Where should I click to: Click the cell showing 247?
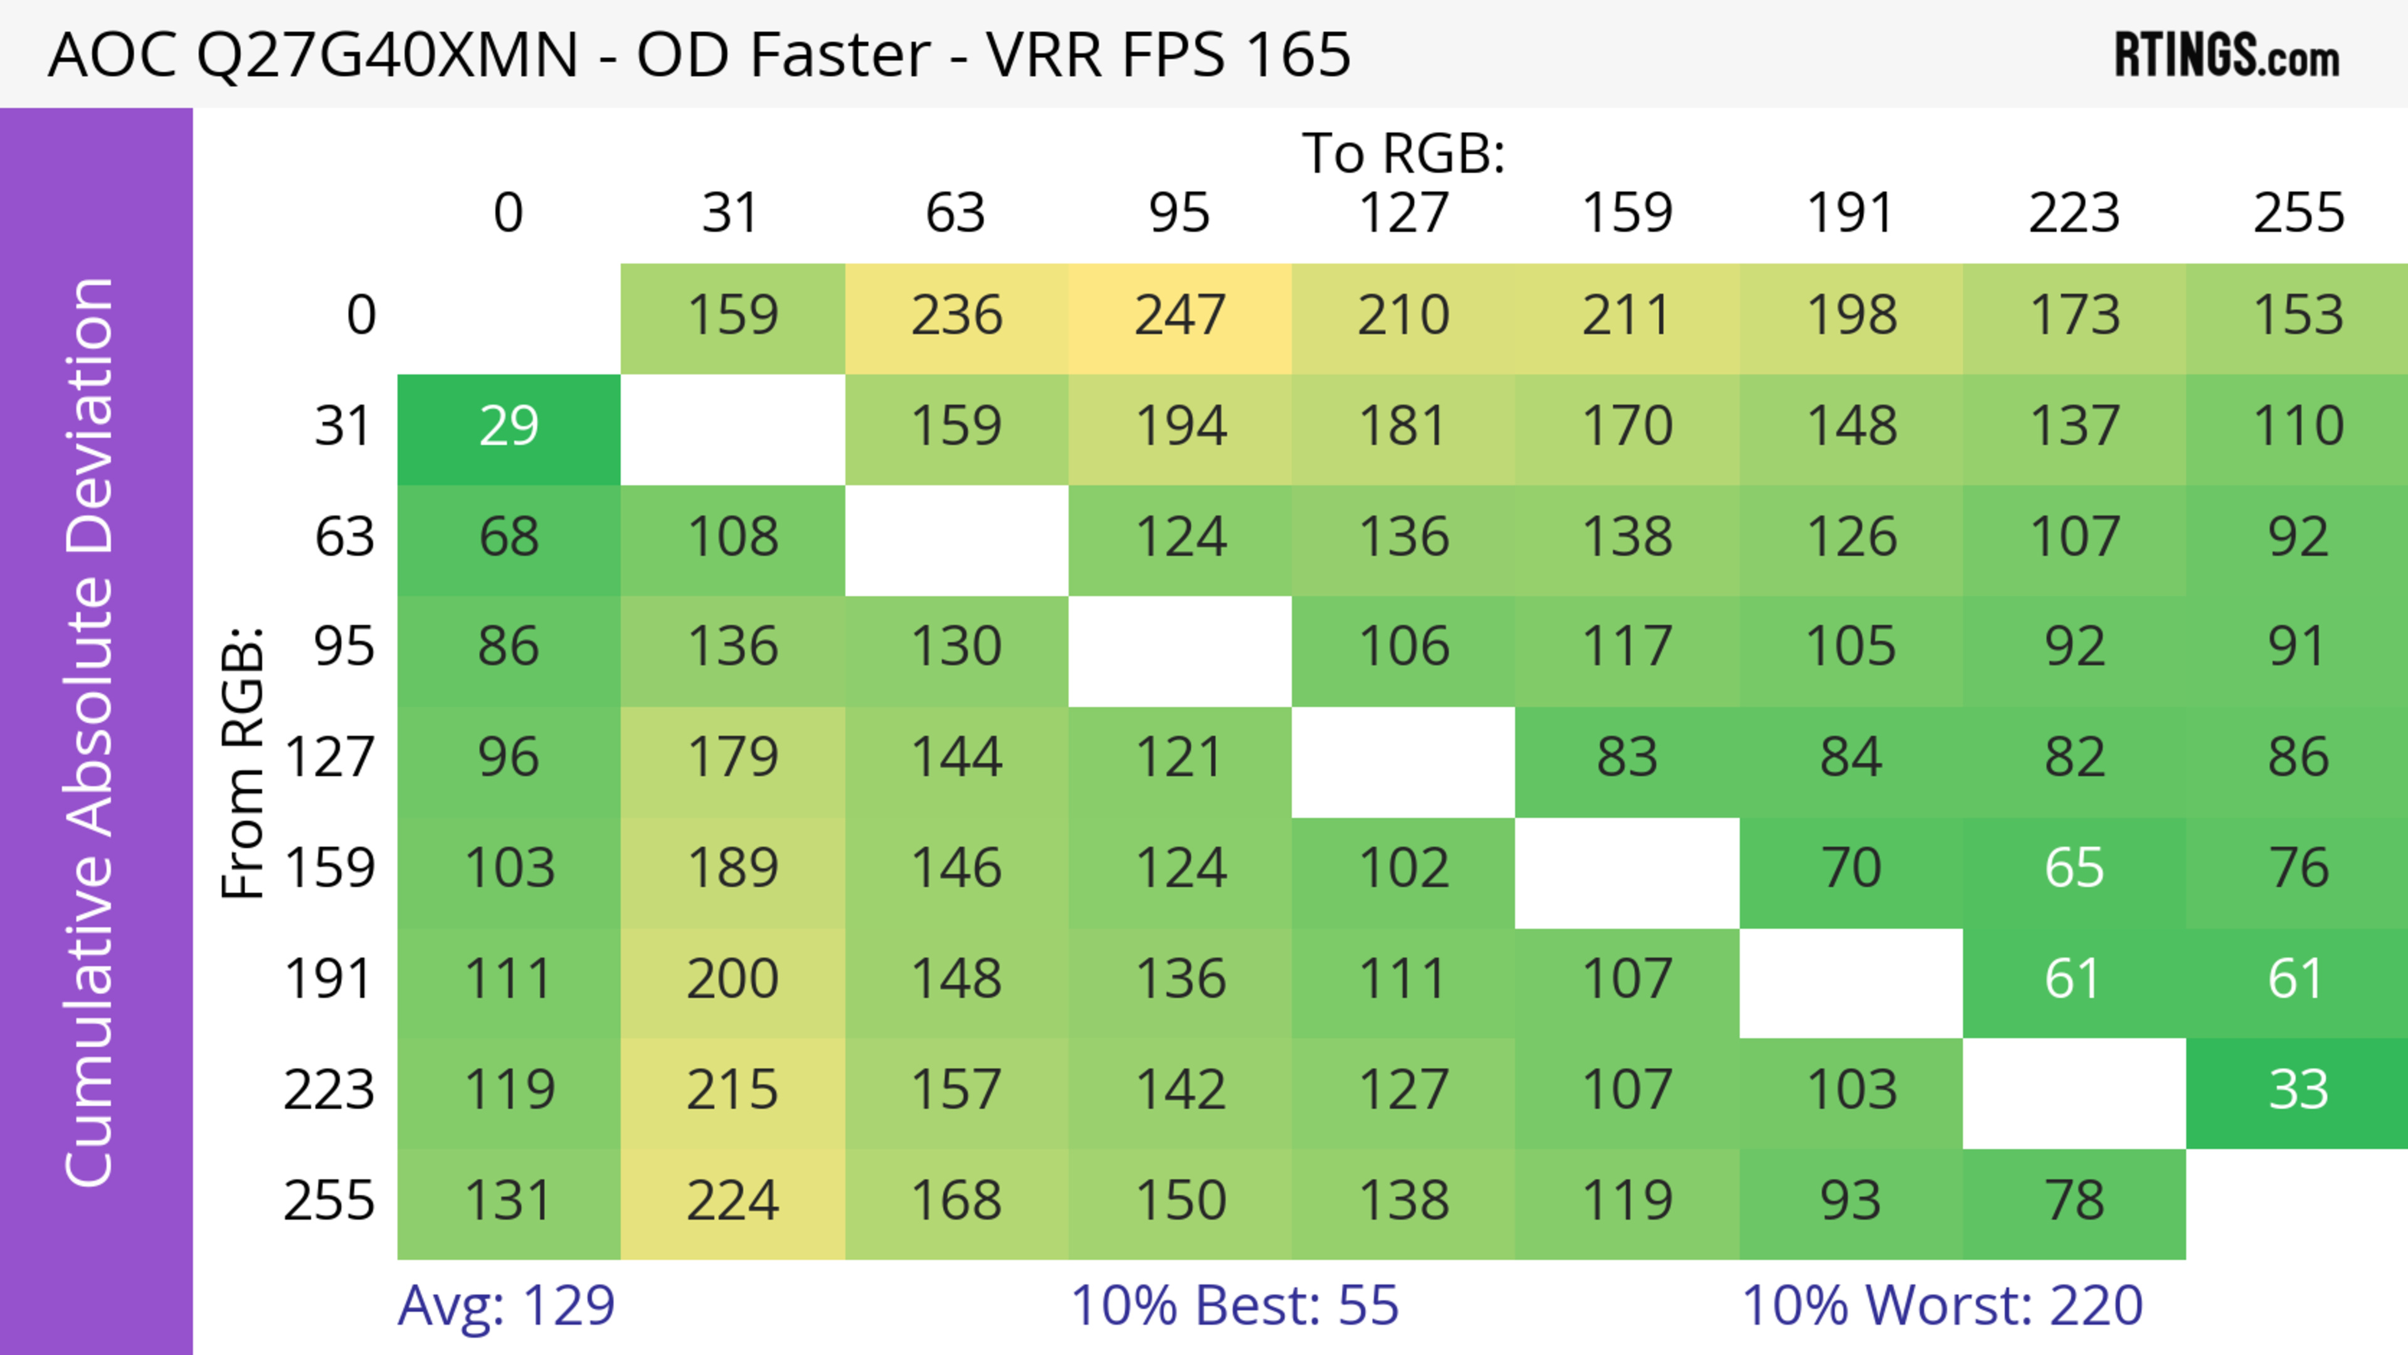pyautogui.click(x=1180, y=316)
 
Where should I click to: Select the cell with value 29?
pyautogui.click(x=509, y=427)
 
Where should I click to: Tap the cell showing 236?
pyautogui.click(x=956, y=316)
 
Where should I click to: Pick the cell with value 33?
pyautogui.click(x=2298, y=1090)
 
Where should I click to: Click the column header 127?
pyautogui.click(x=1403, y=213)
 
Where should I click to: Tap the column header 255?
pyautogui.click(x=2298, y=213)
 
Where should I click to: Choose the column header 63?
pyautogui.click(x=955, y=213)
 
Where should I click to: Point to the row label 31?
pyautogui.click(x=344, y=427)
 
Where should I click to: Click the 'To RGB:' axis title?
pyautogui.click(x=1403, y=153)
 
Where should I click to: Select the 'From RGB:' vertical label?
pyautogui.click(x=243, y=762)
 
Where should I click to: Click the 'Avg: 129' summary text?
pyautogui.click(x=505, y=1305)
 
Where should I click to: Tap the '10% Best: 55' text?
pyautogui.click(x=1234, y=1305)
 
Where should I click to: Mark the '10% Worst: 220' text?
pyautogui.click(x=1941, y=1305)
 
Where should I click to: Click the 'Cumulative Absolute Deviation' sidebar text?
pyautogui.click(x=91, y=732)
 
